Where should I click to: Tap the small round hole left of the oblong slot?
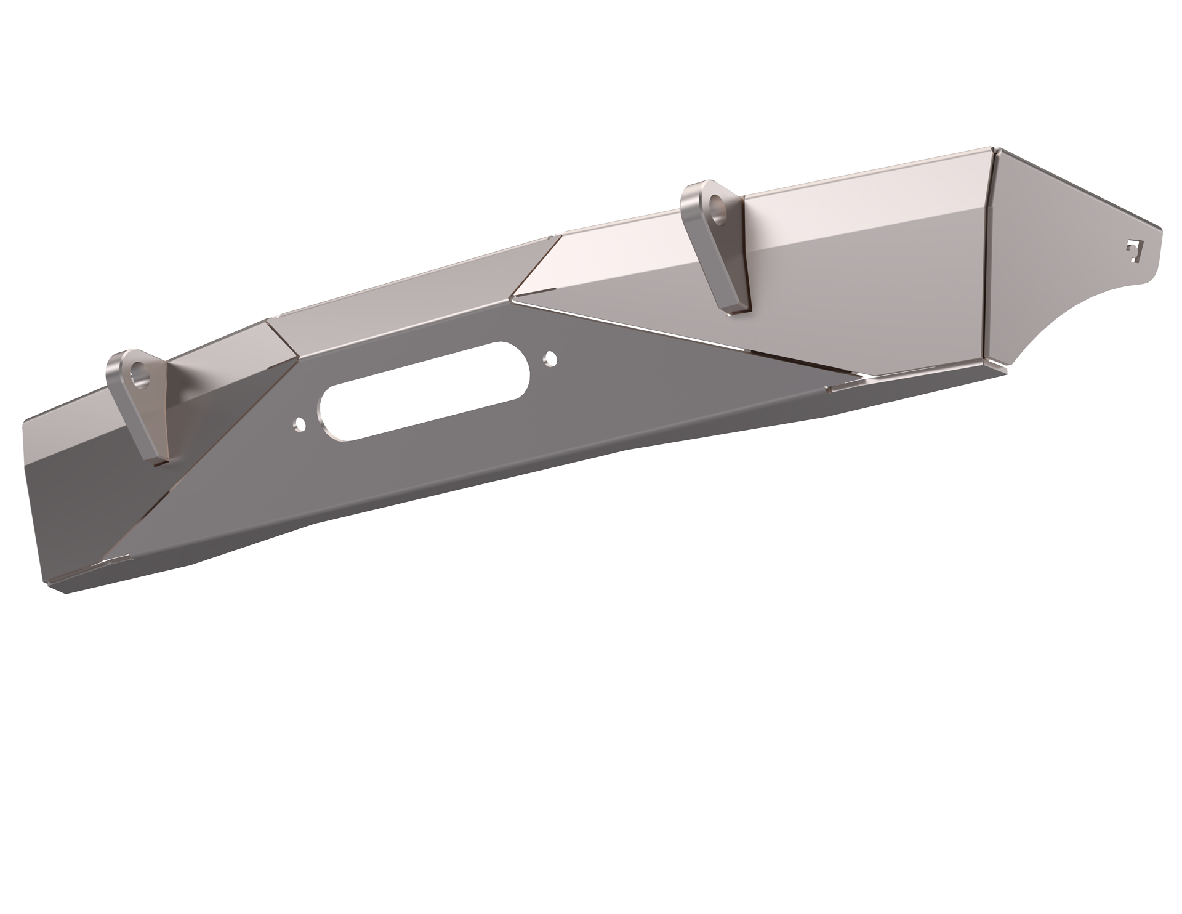point(300,423)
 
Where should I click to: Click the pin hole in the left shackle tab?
point(142,375)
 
